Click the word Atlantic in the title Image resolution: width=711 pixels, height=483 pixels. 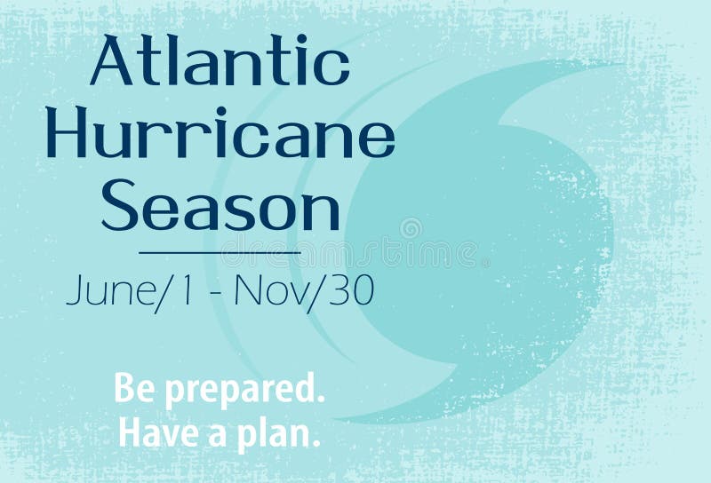coord(220,62)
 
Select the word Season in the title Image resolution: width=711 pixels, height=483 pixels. coord(220,209)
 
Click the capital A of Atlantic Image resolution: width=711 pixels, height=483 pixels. coord(112,62)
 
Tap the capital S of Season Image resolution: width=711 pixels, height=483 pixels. coord(117,209)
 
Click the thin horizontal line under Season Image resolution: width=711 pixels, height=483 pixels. coord(220,253)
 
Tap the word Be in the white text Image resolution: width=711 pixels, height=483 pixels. coord(130,390)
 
